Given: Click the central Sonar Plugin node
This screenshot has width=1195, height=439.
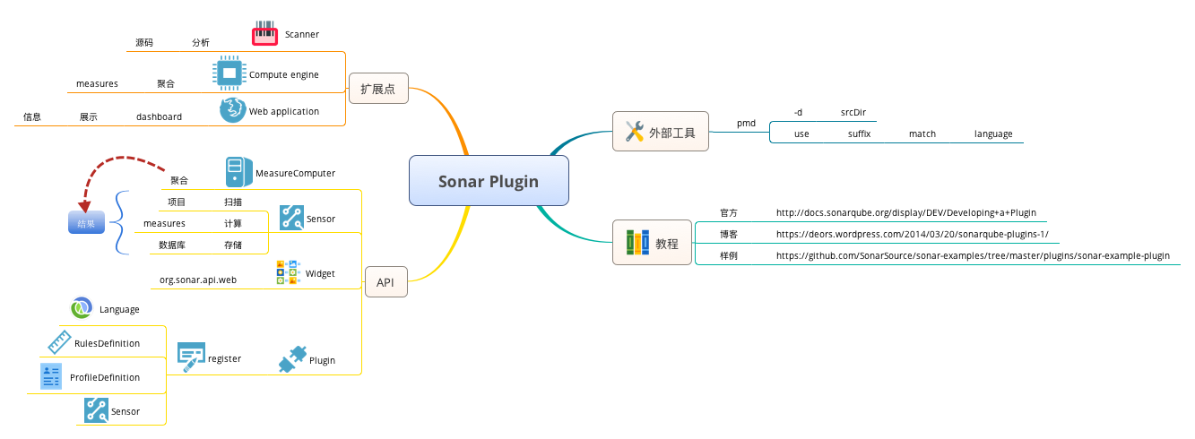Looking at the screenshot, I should coord(489,182).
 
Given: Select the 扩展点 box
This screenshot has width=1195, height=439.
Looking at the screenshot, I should coord(377,89).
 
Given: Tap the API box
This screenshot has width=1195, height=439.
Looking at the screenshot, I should coord(385,282).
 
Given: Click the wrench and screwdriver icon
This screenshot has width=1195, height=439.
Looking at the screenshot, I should coord(635,132).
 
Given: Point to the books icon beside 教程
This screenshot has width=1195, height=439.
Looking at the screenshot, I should coord(637,243).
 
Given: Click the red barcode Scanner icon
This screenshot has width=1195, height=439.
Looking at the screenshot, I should coord(265,34).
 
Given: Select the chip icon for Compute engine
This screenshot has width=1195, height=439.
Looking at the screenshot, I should coord(229,73).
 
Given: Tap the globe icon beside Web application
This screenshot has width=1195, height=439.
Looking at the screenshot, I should coord(233,111).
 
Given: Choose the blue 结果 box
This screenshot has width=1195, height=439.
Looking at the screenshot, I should coord(86,222).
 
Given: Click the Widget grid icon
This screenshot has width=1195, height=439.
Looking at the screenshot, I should coord(288,272).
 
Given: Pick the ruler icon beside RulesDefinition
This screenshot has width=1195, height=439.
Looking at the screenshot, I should coord(59,341).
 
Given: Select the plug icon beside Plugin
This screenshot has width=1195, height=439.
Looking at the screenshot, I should coord(292,359).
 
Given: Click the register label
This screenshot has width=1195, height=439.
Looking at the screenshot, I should coord(224,358).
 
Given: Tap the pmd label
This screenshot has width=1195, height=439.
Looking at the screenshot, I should coord(746,123).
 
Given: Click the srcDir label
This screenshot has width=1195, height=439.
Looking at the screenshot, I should coord(853,112).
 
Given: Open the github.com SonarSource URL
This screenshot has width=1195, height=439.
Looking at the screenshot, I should coord(973,255).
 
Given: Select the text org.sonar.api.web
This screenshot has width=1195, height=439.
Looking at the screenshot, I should coord(198,280).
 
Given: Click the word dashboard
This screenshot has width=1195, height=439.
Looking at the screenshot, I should coord(159,116).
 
